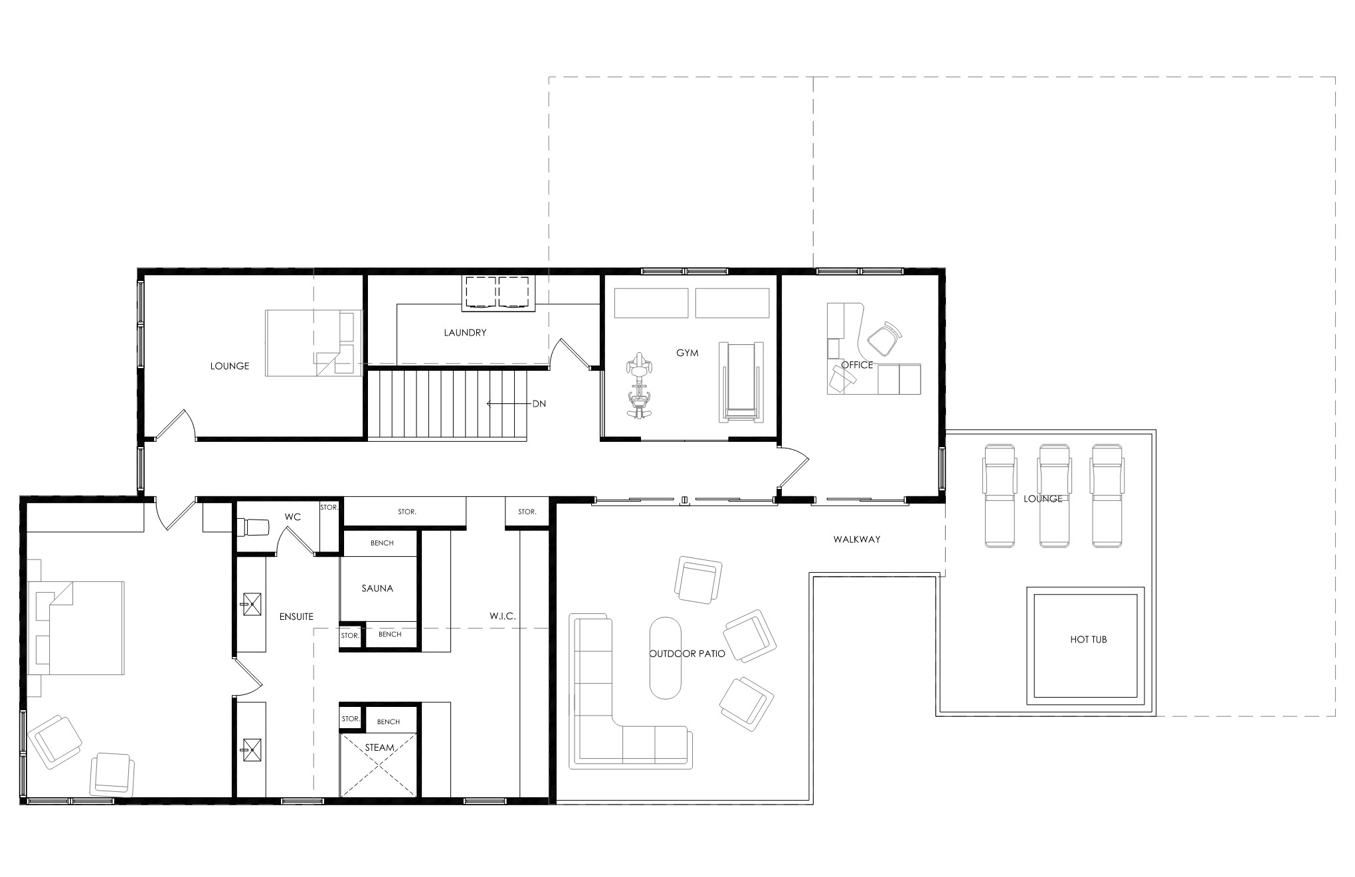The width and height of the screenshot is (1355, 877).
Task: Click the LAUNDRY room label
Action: [x=465, y=333]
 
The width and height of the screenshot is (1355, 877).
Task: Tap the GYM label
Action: [x=687, y=353]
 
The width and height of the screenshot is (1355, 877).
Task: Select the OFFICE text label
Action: [x=857, y=365]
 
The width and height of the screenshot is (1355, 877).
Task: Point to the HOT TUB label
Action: [x=1089, y=640]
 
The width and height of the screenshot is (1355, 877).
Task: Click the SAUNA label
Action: [x=377, y=588]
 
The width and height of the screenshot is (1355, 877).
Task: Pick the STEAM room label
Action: [x=379, y=747]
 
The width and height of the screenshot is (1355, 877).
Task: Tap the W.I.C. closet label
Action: [x=503, y=617]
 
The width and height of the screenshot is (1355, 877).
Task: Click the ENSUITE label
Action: [x=296, y=617]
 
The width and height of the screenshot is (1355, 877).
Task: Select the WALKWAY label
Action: [x=857, y=539]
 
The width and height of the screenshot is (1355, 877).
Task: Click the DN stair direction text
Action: [x=539, y=403]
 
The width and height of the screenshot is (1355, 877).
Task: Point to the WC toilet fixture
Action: [x=253, y=527]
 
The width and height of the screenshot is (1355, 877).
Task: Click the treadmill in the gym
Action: [x=741, y=382]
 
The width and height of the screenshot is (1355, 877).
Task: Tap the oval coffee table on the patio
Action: [x=666, y=658]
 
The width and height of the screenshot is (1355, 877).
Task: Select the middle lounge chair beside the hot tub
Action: [x=1053, y=496]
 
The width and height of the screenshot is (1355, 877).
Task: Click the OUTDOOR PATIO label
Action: [x=687, y=654]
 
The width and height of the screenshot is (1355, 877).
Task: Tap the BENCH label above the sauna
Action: [x=382, y=543]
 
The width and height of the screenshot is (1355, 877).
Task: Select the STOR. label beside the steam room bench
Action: [x=350, y=719]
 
